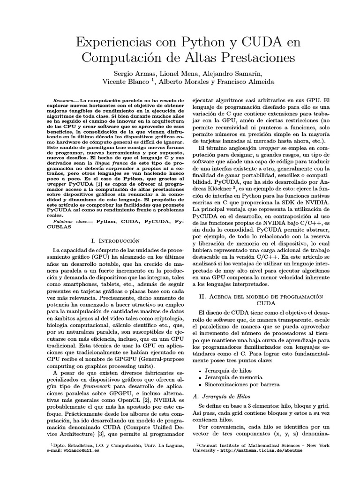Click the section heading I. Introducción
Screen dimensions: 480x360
click(115, 240)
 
